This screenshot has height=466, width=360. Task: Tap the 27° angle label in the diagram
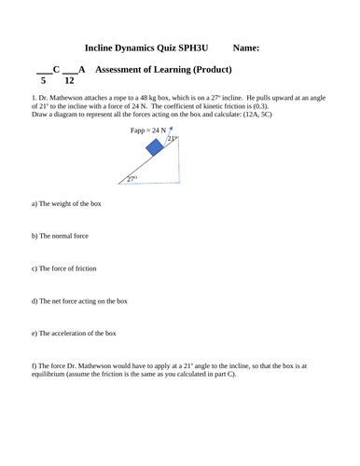pyautogui.click(x=133, y=178)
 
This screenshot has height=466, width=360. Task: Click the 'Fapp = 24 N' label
pyautogui.click(x=152, y=130)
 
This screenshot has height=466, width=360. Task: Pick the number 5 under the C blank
pyautogui.click(x=43, y=81)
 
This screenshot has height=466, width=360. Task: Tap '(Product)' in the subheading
pyautogui.click(x=210, y=70)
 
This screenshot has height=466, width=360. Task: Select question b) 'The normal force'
pyautogui.click(x=62, y=236)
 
